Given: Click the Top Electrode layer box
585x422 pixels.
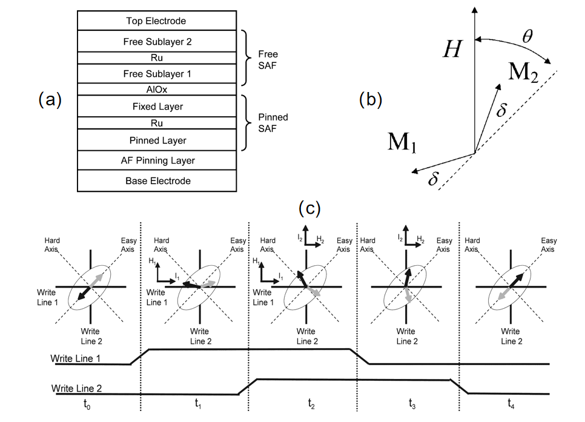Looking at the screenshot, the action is [x=157, y=21].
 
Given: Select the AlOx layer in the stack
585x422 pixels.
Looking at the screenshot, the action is [x=157, y=89].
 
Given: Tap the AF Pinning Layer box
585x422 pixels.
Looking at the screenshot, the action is [x=157, y=160].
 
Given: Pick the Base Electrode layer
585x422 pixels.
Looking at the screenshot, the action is [x=157, y=181].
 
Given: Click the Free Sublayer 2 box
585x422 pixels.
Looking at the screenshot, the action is [x=157, y=41].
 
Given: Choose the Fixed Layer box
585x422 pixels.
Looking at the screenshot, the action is [x=157, y=107].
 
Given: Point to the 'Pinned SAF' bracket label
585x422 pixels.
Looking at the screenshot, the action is [x=273, y=123].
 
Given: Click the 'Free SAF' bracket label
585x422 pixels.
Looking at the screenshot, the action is [x=268, y=60].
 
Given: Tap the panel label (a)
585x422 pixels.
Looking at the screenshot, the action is [x=50, y=100].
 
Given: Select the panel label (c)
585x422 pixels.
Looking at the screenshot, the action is [x=309, y=208].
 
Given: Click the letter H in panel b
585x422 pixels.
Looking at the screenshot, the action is [x=452, y=49].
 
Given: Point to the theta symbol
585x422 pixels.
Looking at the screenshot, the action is [x=527, y=36].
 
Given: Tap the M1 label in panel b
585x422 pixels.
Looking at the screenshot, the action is [x=402, y=142].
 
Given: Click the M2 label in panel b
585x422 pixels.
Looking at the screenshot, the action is [x=523, y=71].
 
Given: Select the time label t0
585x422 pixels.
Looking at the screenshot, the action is [x=87, y=404].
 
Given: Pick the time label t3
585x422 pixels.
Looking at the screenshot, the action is [x=412, y=404].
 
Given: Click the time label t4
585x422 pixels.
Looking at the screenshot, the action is [x=511, y=404].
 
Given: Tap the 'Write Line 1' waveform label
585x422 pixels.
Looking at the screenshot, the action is [x=75, y=358].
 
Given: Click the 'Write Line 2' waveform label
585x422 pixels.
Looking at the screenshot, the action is [x=76, y=389].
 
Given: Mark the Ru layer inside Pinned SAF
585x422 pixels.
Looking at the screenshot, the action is [x=157, y=123].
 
